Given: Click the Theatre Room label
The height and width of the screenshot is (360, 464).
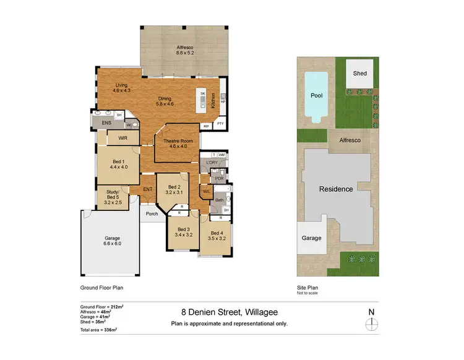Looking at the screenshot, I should point(178,142).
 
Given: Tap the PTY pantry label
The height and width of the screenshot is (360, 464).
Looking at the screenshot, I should point(220,124).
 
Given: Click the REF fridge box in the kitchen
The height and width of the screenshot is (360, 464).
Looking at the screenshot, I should point(205,126).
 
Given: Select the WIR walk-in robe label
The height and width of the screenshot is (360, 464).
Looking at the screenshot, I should point(122,138).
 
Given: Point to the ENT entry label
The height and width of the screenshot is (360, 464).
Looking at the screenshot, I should point(148,189).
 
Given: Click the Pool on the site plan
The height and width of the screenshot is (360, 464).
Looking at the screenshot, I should point(316,96).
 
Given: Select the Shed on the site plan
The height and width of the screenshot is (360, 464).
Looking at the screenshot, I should point(359,74).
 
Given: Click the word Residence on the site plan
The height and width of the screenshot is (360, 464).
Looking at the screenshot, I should point(336,189).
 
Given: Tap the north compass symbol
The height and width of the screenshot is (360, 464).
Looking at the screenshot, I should point(371,324).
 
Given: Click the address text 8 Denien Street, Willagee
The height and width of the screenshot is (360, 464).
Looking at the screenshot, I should point(229,312).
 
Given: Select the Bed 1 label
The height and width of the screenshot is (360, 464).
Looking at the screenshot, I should point(119,164).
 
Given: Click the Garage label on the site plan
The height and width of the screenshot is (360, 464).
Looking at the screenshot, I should point(311,238).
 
